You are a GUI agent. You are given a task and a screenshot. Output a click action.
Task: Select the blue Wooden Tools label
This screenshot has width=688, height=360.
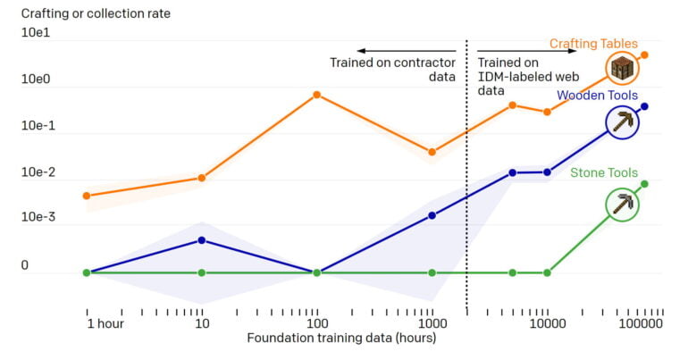596,95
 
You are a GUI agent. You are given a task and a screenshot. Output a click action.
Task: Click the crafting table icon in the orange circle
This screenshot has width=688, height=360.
622,68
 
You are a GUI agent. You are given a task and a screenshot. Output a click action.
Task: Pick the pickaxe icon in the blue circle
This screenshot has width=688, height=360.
623,122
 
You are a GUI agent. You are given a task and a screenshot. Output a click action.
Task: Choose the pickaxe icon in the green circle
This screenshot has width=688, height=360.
622,205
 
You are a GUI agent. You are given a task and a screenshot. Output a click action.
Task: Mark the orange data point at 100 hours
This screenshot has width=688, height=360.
316,95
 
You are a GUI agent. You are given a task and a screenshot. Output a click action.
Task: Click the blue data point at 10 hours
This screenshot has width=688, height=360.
202,240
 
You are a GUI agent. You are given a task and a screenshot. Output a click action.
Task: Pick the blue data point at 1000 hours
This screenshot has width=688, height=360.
432,215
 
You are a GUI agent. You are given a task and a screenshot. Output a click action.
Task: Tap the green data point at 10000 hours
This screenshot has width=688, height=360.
547,272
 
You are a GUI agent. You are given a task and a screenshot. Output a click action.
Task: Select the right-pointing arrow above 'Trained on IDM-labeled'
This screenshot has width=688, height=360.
527,51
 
